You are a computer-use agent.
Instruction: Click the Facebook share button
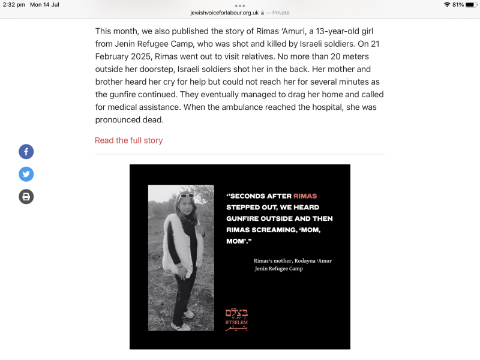click(26, 152)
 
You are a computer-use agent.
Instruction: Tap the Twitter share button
click(26, 174)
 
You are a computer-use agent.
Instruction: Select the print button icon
click(26, 196)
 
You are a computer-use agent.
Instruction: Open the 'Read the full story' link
click(128, 140)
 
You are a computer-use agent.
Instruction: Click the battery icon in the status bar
click(471, 4)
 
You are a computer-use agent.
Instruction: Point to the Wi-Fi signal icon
click(447, 4)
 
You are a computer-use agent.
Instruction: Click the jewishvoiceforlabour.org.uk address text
click(224, 12)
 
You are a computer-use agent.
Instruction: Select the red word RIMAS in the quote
click(305, 196)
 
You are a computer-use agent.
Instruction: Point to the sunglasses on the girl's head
click(186, 195)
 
